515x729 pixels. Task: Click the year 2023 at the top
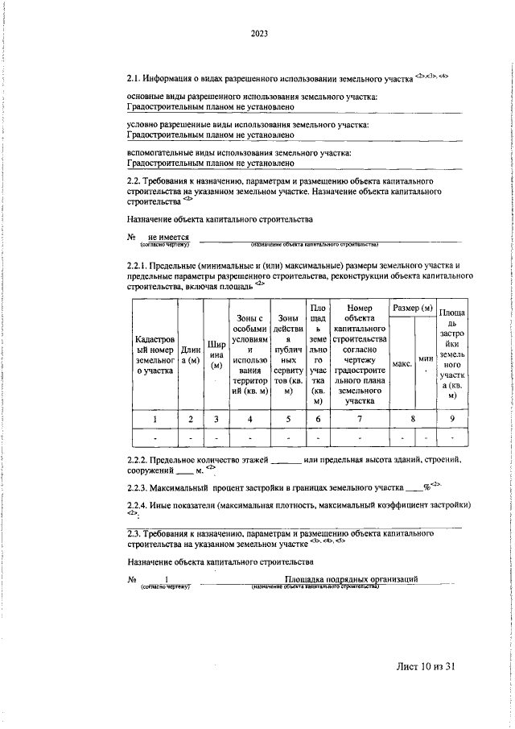[x=258, y=33]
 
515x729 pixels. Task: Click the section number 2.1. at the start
[x=136, y=79]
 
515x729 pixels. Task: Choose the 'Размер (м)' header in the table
[x=411, y=309]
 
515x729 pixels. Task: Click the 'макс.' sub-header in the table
[x=402, y=363]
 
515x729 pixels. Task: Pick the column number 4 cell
[x=249, y=418]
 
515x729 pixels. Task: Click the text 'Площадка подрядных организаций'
[x=351, y=579]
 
